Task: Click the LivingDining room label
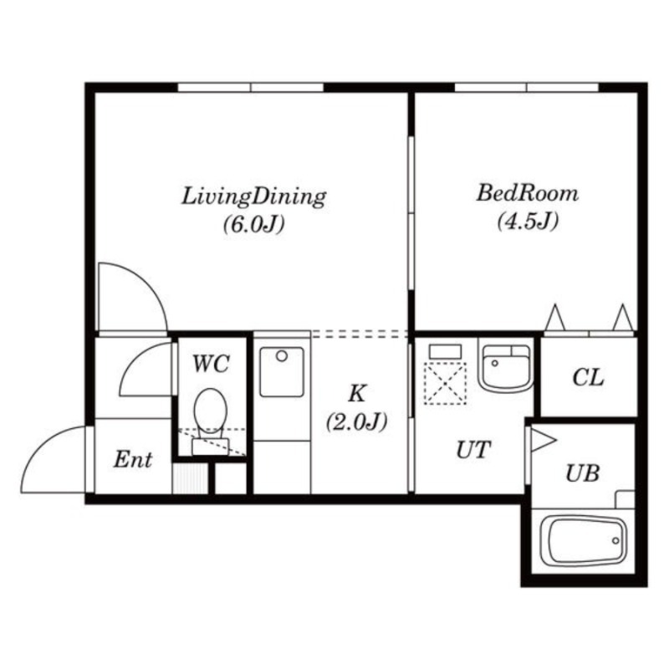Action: coord(254,197)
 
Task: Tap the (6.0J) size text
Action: coord(254,224)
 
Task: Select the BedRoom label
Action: coord(528,193)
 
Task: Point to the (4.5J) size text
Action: coord(528,221)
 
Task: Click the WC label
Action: coord(212,364)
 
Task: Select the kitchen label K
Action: coord(357,393)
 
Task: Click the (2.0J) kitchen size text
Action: coord(357,422)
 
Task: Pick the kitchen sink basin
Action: coord(282,372)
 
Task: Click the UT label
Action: coord(473,450)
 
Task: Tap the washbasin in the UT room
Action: coord(507,368)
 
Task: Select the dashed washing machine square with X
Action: coord(446,383)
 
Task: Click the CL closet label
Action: coord(589,378)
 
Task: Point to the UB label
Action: coord(583,473)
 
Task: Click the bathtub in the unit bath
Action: coord(583,541)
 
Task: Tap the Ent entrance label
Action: coord(133,460)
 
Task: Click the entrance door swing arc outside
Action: coord(38,444)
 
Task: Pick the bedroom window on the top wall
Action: coord(527,88)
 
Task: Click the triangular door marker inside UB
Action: coord(543,441)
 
